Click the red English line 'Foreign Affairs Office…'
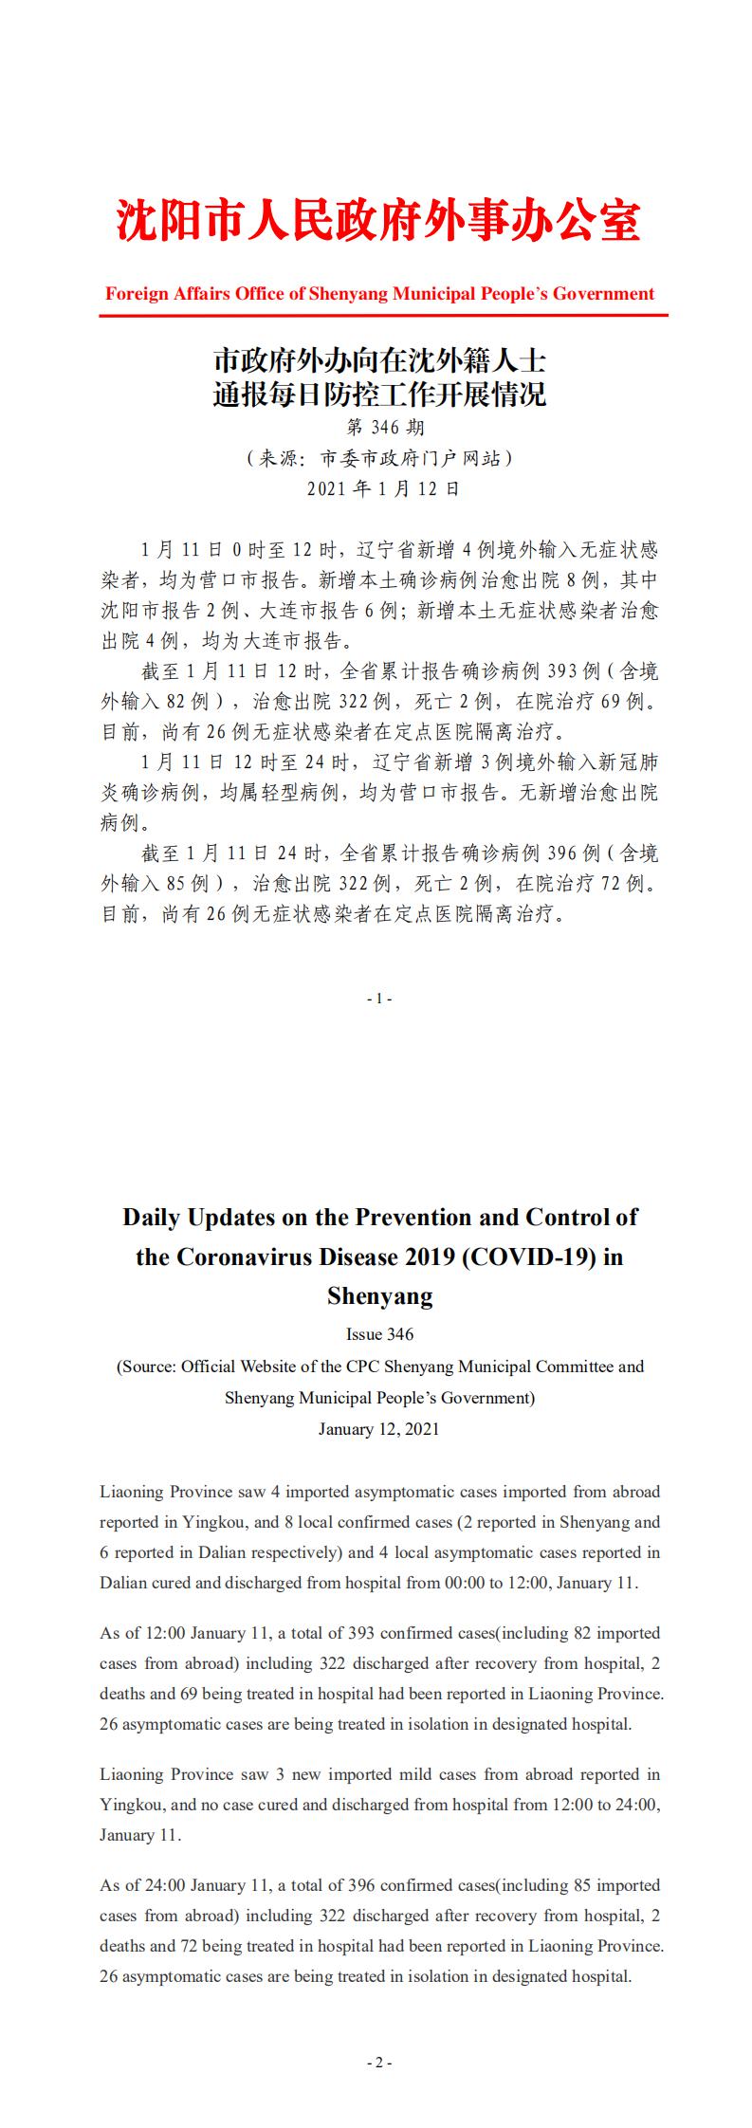[x=379, y=294]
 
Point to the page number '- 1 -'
[x=378, y=999]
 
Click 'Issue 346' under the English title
[x=379, y=1334]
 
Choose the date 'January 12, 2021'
[x=379, y=1429]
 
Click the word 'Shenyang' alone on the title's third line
[x=379, y=1295]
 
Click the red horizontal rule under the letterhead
[x=383, y=315]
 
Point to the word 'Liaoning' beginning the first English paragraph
[x=131, y=1492]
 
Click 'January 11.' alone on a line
[x=139, y=1834]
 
